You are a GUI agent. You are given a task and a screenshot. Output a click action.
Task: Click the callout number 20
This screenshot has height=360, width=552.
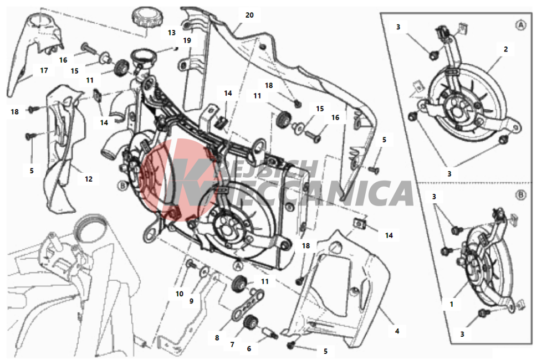pyautogui.click(x=249, y=15)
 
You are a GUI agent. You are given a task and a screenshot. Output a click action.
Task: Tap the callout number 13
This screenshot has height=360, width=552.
pyautogui.click(x=171, y=33)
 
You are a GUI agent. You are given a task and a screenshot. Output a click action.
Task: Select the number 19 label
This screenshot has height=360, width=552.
pyautogui.click(x=187, y=40)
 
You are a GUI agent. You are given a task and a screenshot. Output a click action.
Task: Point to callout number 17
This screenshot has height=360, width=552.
pyautogui.click(x=44, y=70)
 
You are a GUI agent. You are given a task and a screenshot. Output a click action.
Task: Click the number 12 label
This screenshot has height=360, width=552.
pyautogui.click(x=88, y=179)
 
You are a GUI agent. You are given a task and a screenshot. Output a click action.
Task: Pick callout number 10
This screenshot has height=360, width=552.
pyautogui.click(x=180, y=294)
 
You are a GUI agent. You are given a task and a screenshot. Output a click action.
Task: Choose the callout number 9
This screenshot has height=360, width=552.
pyautogui.click(x=191, y=301)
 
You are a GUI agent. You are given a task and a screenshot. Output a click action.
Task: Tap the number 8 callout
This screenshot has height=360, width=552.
pyautogui.click(x=217, y=338)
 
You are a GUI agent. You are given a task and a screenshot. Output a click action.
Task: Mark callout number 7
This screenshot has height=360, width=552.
pyautogui.click(x=232, y=344)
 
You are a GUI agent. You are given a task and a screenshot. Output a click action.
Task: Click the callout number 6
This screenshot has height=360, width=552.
pyautogui.click(x=249, y=349)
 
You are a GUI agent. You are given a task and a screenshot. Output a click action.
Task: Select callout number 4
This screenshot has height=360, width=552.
pyautogui.click(x=397, y=331)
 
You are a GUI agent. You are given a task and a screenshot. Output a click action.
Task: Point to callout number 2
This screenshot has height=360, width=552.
pyautogui.click(x=506, y=49)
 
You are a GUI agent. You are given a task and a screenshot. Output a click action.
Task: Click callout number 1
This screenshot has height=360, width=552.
pyautogui.click(x=452, y=305)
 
